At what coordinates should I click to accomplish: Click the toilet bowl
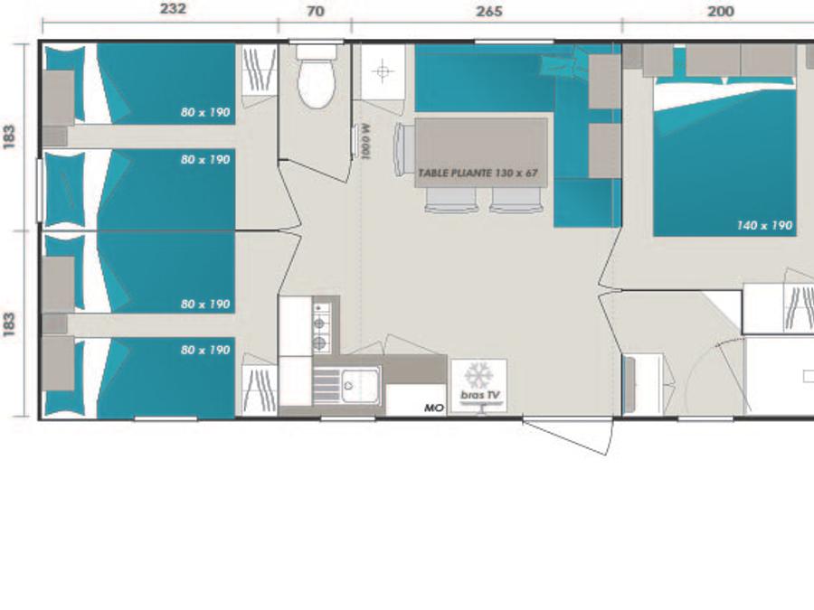[x=316, y=83]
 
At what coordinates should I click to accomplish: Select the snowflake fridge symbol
[x=478, y=375]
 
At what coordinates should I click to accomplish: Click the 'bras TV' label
[x=480, y=395]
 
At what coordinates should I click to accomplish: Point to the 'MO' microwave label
[x=434, y=408]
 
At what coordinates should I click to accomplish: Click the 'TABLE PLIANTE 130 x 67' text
[x=478, y=173]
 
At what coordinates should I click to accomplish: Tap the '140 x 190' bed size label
[x=764, y=225]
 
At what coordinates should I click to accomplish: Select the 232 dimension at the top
[x=173, y=9]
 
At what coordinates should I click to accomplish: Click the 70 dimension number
[x=316, y=11]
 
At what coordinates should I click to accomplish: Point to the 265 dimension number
[x=489, y=11]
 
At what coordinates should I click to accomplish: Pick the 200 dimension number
[x=721, y=11]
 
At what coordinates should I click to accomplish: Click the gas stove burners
[x=321, y=325]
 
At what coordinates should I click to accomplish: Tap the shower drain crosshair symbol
[x=383, y=71]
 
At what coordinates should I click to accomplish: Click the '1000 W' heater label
[x=365, y=141]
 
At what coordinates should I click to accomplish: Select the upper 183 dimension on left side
[x=10, y=137]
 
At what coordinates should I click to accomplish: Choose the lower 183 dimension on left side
[x=10, y=324]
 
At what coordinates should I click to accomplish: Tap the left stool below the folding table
[x=450, y=201]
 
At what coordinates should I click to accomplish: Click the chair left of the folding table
[x=404, y=149]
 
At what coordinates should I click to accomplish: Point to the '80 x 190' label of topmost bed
[x=205, y=112]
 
